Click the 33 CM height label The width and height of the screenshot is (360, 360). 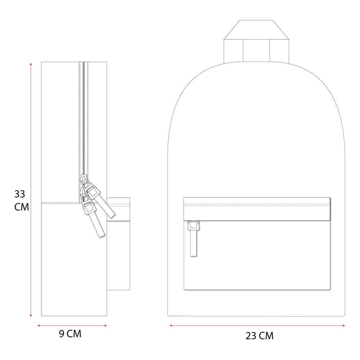[x=22, y=201]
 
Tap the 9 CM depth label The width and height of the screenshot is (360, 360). [x=70, y=334]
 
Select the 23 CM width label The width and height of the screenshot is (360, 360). [x=260, y=336]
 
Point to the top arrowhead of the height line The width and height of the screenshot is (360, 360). [x=31, y=64]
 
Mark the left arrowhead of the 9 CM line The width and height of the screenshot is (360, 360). [x=39, y=325]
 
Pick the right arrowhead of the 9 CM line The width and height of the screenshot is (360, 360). [x=105, y=325]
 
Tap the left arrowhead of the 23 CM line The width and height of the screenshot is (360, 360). [x=171, y=325]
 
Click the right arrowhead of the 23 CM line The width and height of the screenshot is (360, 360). [x=343, y=325]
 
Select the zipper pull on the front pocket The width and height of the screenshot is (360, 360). [x=193, y=238]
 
